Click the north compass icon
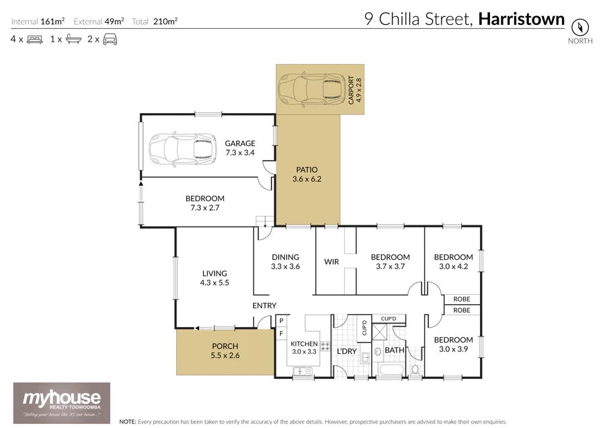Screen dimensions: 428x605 [x=579, y=28]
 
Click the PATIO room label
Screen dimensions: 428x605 [x=307, y=174]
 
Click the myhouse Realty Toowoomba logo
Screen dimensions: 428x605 [x=62, y=402]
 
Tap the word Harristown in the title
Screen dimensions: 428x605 [x=521, y=19]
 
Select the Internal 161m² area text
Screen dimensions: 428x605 [x=38, y=22]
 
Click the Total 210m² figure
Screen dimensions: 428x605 [x=155, y=22]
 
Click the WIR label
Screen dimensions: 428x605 [x=331, y=261]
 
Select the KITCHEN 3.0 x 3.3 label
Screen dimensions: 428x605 [x=304, y=347]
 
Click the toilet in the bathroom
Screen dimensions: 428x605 [x=415, y=369]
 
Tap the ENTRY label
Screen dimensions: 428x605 [x=264, y=306]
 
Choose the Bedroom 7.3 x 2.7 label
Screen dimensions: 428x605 [x=205, y=203]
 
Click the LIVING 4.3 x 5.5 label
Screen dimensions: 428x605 [x=214, y=278]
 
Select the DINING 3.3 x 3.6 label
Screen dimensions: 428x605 [x=285, y=261]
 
